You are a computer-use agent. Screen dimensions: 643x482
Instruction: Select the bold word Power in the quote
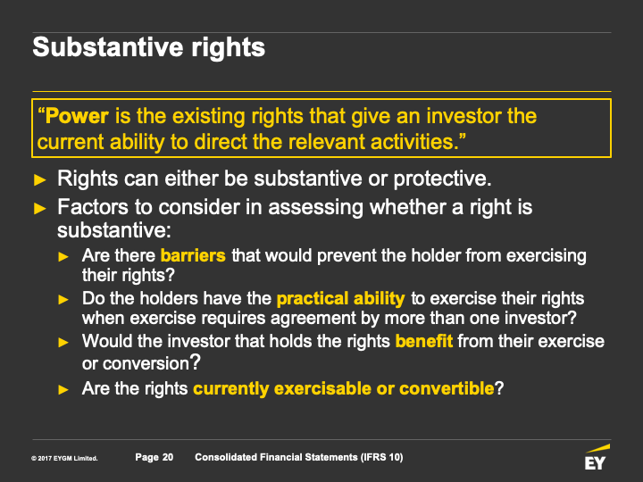[77, 116]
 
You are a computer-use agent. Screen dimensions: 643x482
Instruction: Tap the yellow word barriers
[193, 255]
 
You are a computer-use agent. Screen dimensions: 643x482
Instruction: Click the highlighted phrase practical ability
[341, 299]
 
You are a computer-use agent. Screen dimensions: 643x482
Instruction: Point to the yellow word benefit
[424, 341]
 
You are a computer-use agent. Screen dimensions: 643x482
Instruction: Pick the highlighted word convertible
[447, 388]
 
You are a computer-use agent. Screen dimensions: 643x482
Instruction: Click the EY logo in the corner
[597, 457]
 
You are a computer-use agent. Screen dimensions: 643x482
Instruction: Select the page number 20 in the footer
[167, 457]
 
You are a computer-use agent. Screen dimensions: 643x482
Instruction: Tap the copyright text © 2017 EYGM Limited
[64, 458]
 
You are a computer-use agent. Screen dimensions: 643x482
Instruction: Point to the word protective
[442, 179]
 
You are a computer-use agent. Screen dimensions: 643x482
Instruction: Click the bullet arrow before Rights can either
[40, 179]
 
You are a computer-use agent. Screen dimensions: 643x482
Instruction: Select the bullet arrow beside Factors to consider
[40, 208]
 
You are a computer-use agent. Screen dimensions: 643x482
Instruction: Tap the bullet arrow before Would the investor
[63, 342]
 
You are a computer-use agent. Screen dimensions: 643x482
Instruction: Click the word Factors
[93, 207]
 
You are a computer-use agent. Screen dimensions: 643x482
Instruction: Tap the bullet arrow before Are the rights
[63, 389]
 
